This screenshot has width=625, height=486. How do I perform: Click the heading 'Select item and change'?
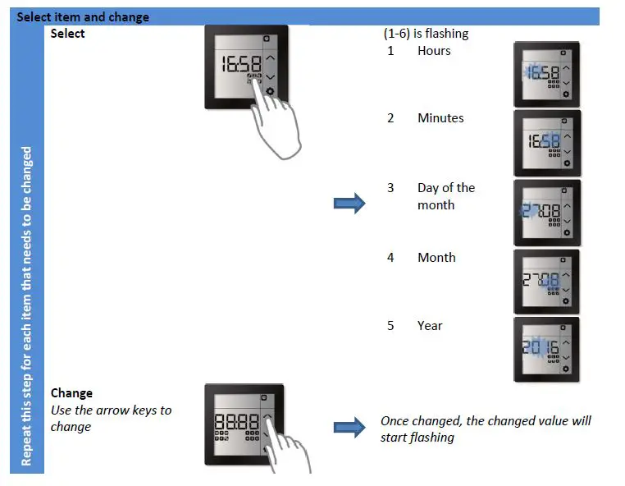pos(83,16)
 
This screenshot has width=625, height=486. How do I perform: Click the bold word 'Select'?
pos(67,34)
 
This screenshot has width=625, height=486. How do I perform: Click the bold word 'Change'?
pos(71,393)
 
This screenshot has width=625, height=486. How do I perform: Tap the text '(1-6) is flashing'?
pos(426,34)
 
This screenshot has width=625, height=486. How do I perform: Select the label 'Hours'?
pos(434,51)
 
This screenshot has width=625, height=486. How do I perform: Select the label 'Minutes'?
pos(440,118)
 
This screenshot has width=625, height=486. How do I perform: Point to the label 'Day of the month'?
pos(445,196)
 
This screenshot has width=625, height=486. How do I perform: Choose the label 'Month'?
pos(436,258)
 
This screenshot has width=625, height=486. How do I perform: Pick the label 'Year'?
pos(430,326)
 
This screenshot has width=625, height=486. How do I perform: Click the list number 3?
pos(390,188)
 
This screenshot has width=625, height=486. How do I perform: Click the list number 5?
pos(390,326)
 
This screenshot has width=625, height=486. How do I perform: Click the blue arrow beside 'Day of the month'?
pos(349,204)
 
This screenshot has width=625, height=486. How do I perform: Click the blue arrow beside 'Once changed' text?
pos(349,428)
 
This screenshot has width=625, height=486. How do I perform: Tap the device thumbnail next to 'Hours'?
pos(546,75)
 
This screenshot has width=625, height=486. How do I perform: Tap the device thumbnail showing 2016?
pos(546,350)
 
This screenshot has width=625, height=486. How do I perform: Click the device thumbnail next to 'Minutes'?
pos(546,143)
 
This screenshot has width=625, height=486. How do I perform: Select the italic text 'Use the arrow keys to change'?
pos(111,418)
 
